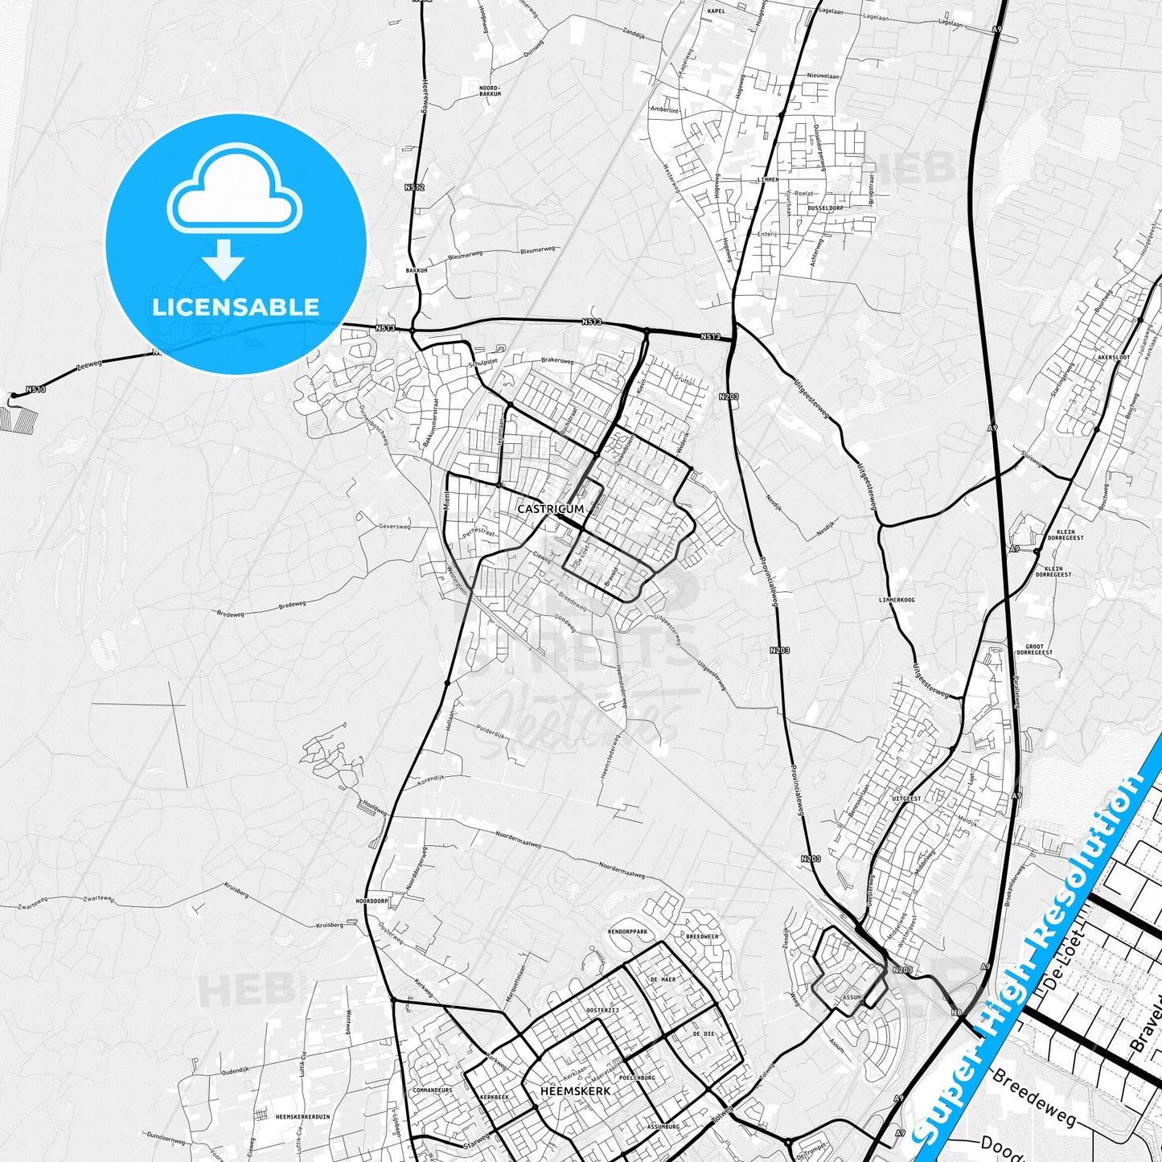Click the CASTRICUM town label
pyautogui.click(x=550, y=509)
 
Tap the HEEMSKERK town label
pyautogui.click(x=576, y=1091)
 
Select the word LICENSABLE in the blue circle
pyautogui.click(x=236, y=306)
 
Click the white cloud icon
pyautogui.click(x=234, y=191)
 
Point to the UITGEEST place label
pyautogui.click(x=906, y=799)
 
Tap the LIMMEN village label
pyautogui.click(x=767, y=179)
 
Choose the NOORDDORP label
pyautogui.click(x=372, y=901)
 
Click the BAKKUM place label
pyautogui.click(x=417, y=270)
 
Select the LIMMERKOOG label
pyautogui.click(x=897, y=600)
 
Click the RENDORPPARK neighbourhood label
pyautogui.click(x=627, y=931)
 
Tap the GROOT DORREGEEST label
pyautogui.click(x=1039, y=649)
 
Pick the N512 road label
pyautogui.click(x=414, y=187)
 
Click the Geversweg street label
pyautogui.click(x=394, y=527)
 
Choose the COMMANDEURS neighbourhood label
pyautogui.click(x=432, y=1090)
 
